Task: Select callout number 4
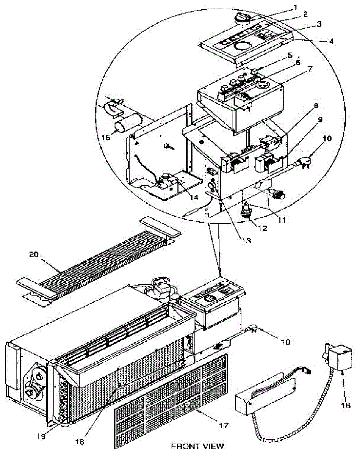pyautogui.click(x=331, y=41)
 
